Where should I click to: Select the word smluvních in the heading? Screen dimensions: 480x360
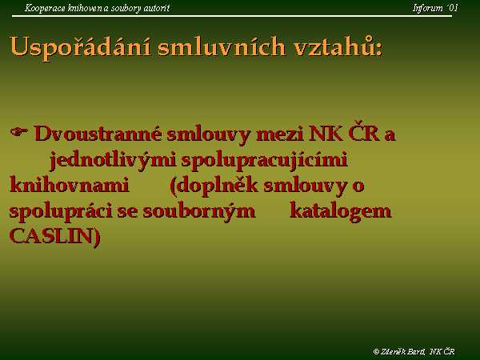(222, 46)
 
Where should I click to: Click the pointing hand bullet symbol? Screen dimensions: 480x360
(19, 132)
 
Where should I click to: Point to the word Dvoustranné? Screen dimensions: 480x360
(98, 134)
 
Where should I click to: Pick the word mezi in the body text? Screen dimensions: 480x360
(280, 134)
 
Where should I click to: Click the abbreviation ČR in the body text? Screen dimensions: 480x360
(364, 133)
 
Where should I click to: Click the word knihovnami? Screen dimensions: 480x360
(69, 186)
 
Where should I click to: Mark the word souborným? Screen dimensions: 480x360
(199, 212)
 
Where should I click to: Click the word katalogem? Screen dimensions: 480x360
(341, 212)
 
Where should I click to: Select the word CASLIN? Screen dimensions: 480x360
(51, 236)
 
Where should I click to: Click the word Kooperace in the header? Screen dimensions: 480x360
(45, 8)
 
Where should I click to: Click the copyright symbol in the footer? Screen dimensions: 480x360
(377, 352)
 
